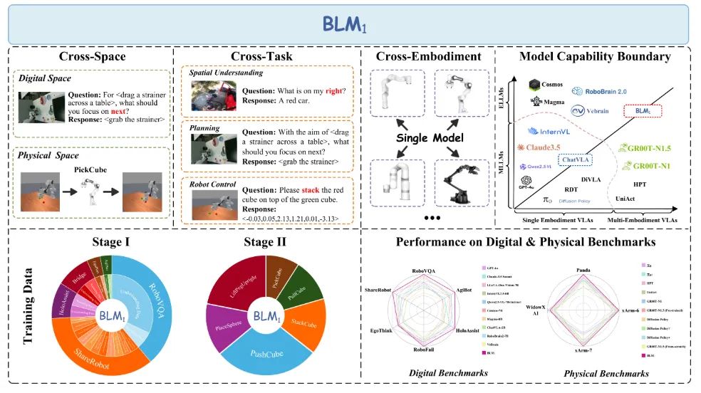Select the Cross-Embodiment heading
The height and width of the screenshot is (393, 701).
click(419, 56)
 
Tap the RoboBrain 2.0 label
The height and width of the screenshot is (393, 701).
click(603, 91)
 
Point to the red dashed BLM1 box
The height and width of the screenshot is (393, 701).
click(643, 111)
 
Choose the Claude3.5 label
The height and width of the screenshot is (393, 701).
click(544, 147)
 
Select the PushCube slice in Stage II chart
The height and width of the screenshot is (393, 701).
click(270, 351)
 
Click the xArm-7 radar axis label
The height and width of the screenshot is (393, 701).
click(586, 351)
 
